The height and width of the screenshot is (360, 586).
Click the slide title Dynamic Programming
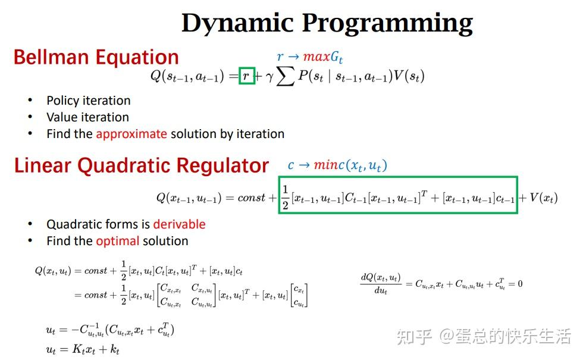(x=327, y=23)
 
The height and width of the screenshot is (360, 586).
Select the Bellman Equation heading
(x=96, y=57)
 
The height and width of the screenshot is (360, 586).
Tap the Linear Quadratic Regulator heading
(x=142, y=165)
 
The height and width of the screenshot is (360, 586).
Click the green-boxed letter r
(x=246, y=76)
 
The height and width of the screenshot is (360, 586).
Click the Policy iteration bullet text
(x=88, y=101)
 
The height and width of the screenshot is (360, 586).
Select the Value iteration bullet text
(x=87, y=117)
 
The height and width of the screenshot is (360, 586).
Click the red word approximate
(x=131, y=134)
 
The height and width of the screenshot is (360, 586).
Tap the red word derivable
(x=179, y=224)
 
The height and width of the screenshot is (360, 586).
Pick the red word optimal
(x=118, y=241)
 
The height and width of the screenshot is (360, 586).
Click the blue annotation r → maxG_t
(x=310, y=57)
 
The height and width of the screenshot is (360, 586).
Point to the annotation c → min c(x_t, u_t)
(x=337, y=165)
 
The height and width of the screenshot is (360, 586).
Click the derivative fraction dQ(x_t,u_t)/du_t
(x=381, y=284)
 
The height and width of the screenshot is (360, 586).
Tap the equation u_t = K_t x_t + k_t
(x=83, y=350)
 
